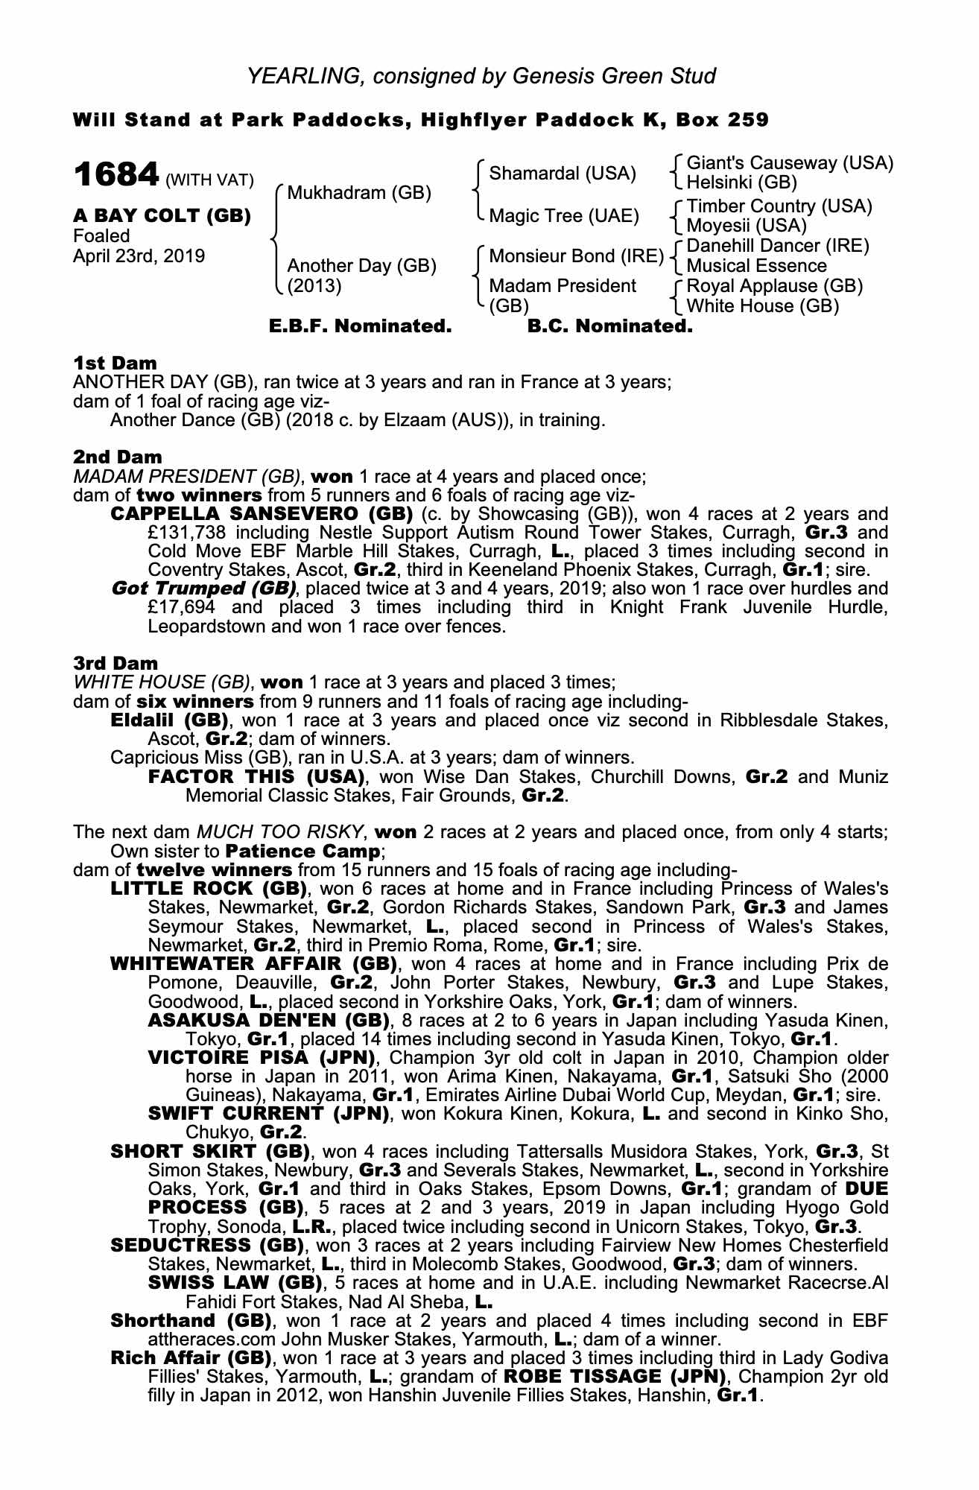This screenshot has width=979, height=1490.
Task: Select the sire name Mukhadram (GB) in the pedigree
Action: tap(359, 193)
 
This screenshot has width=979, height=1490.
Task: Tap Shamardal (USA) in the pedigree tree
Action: tap(563, 174)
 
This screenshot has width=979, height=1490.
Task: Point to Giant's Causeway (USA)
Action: tap(789, 163)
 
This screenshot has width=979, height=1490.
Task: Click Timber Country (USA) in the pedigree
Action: tap(779, 206)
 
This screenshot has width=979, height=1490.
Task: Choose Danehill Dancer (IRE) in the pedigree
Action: tap(778, 246)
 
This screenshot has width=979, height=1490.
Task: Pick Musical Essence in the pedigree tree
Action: tap(756, 266)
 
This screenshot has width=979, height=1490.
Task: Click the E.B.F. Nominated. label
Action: tap(360, 326)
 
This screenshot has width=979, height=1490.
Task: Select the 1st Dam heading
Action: tap(115, 364)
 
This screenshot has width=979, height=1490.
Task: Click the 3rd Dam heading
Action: tap(115, 663)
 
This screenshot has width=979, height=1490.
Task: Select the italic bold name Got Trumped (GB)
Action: tap(203, 589)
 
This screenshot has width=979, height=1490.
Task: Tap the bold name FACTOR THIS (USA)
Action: tap(256, 777)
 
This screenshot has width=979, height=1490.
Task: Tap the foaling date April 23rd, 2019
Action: tap(139, 256)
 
